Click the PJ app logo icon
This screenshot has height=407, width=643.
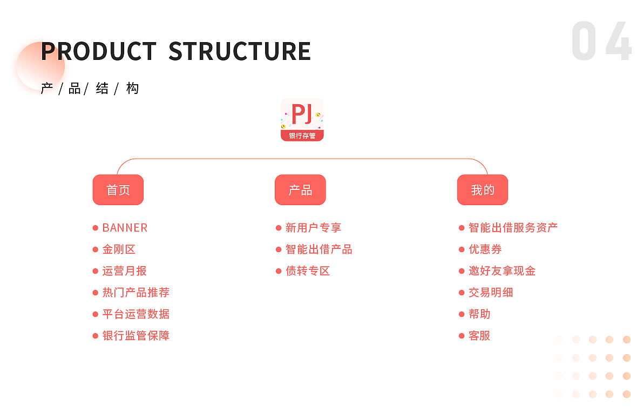point(302,120)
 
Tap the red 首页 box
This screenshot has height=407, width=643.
point(118,190)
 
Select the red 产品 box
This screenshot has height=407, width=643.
point(300,190)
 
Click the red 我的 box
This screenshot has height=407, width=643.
point(483,190)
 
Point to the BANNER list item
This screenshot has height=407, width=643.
point(125,228)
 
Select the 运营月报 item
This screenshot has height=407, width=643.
point(125,271)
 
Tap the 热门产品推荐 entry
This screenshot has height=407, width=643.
point(136,293)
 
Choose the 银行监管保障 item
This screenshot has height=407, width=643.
point(136,336)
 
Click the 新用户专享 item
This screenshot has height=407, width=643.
point(313,228)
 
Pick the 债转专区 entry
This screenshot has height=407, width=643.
point(308,271)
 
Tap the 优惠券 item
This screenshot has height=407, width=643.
point(485,249)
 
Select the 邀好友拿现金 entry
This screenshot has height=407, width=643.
point(502,271)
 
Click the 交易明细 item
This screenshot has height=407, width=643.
point(491,293)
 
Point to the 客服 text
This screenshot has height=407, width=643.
point(479,336)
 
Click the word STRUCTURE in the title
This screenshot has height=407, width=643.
point(240,51)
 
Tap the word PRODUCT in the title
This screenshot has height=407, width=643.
point(99,51)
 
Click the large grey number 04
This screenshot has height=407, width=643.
point(601,41)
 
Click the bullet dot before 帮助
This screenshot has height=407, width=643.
point(462,314)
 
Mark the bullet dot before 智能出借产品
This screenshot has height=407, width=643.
point(279,249)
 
